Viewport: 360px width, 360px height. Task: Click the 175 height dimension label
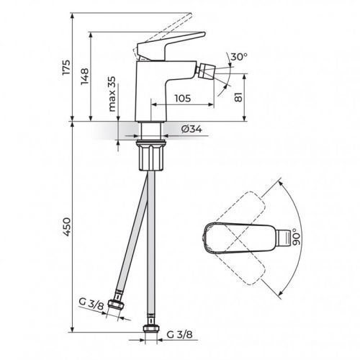click(x=66, y=67)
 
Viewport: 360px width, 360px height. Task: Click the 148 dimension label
click(x=85, y=76)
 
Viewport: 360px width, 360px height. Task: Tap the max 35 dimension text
click(x=112, y=94)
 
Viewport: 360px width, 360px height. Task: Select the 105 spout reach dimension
click(x=183, y=98)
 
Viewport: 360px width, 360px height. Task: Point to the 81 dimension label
click(x=238, y=96)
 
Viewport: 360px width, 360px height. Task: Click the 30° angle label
click(x=239, y=57)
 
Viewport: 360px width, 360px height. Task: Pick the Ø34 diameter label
click(x=192, y=129)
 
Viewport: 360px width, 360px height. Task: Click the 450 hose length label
click(x=66, y=227)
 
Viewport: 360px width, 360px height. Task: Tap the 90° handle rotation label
click(x=296, y=237)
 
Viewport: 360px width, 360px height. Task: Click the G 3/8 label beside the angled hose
click(x=91, y=304)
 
